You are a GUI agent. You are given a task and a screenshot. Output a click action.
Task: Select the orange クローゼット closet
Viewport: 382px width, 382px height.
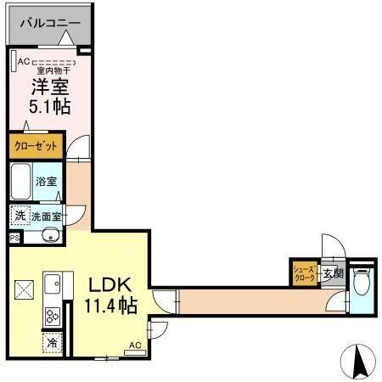click(x=36, y=146)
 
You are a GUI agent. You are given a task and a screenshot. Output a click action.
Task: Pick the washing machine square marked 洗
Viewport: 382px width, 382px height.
click(x=19, y=216)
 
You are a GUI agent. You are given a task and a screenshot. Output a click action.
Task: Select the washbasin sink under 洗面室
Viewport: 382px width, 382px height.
click(x=48, y=235)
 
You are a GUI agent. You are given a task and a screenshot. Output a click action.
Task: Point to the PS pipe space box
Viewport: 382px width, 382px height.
click(x=14, y=239)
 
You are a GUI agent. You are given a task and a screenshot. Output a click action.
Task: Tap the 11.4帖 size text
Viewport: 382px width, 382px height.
click(x=107, y=306)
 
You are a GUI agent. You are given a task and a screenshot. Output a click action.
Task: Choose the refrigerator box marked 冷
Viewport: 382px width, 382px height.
click(x=52, y=344)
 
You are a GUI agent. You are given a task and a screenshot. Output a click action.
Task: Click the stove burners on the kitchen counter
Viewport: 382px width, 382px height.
click(x=52, y=317)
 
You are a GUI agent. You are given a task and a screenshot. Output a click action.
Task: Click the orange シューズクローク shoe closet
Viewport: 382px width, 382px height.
click(x=304, y=272)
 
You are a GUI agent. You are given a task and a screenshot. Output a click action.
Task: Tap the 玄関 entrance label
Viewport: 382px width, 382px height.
click(x=332, y=273)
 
